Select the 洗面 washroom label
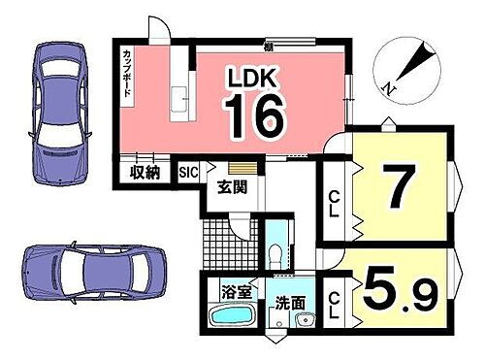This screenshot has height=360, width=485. point(287,301)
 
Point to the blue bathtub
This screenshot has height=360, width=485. point(230,316)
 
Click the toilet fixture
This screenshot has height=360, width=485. point(278,254)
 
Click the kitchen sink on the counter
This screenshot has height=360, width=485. point(179,100)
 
